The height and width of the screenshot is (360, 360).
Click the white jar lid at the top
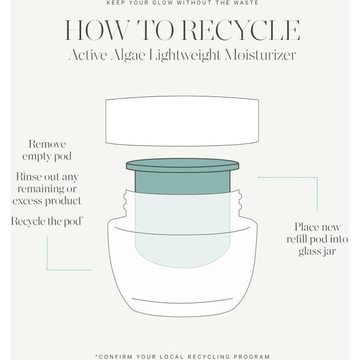click(182, 121)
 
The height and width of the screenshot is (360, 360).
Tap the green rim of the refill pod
click(183, 165)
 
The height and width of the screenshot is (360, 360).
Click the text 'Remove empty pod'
click(47, 150)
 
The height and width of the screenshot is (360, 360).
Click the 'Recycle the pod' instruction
click(47, 221)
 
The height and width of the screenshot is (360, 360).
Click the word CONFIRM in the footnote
click(119, 356)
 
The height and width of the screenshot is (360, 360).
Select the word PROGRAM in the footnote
click(251, 356)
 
